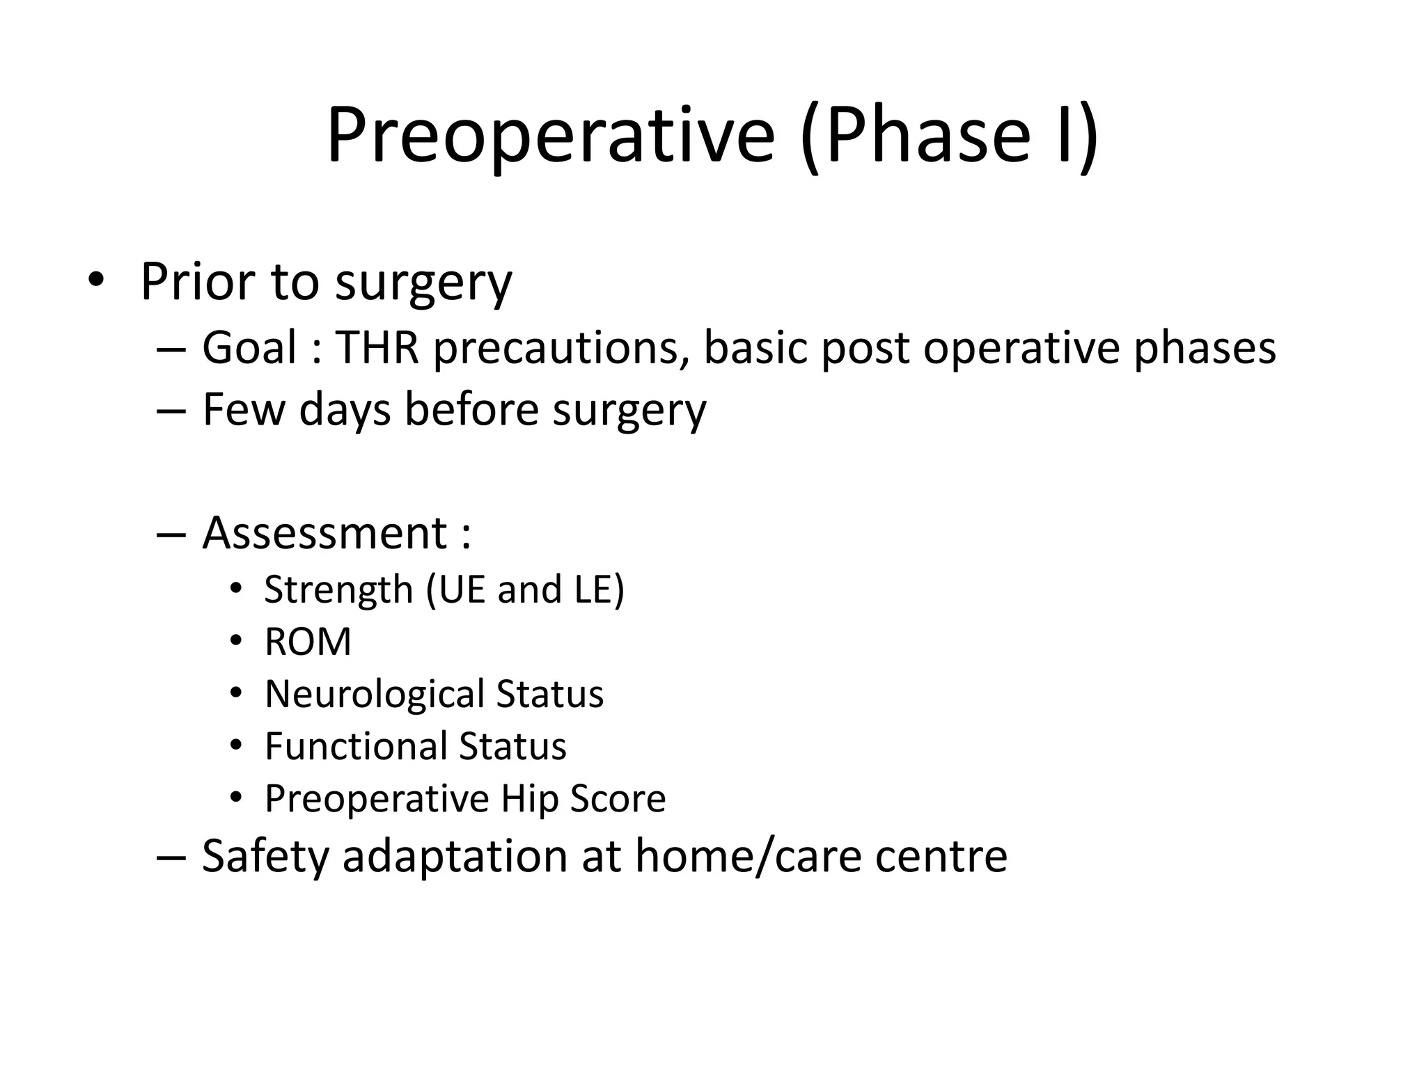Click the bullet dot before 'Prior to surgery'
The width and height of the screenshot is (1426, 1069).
(x=95, y=280)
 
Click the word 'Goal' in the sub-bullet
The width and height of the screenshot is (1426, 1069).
(x=249, y=347)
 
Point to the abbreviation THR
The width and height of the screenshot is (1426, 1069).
(x=377, y=347)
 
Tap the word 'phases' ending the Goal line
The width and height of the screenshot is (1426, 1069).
(x=1205, y=347)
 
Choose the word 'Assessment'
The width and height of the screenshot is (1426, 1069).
(x=324, y=533)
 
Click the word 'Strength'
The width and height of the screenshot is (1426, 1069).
(x=338, y=590)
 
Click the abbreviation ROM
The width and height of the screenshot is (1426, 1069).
(x=308, y=642)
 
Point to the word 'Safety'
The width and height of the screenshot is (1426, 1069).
(x=265, y=855)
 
